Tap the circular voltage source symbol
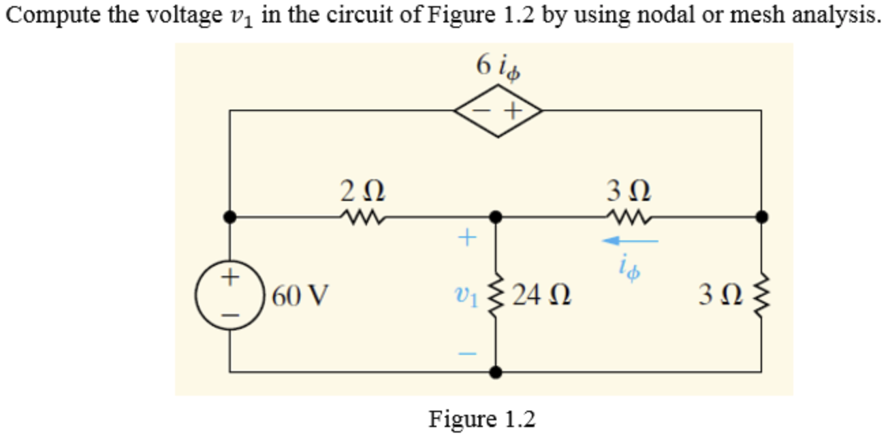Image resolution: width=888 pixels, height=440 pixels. tap(230, 297)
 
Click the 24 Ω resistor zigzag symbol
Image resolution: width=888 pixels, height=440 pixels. tap(497, 296)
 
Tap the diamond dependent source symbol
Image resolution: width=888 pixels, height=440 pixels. tap(499, 110)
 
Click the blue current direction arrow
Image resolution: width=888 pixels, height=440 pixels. tap(630, 240)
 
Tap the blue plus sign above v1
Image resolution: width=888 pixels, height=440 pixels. tap(465, 238)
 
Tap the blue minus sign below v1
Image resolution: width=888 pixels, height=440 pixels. tap(465, 354)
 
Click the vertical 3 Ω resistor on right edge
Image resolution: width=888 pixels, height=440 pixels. tap(761, 296)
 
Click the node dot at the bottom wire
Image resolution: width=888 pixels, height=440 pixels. tap(497, 372)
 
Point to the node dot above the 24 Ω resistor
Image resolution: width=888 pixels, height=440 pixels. tap(497, 217)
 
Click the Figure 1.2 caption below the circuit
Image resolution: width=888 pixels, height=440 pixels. tap(481, 418)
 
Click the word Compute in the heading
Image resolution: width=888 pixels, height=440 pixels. tap(45, 16)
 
